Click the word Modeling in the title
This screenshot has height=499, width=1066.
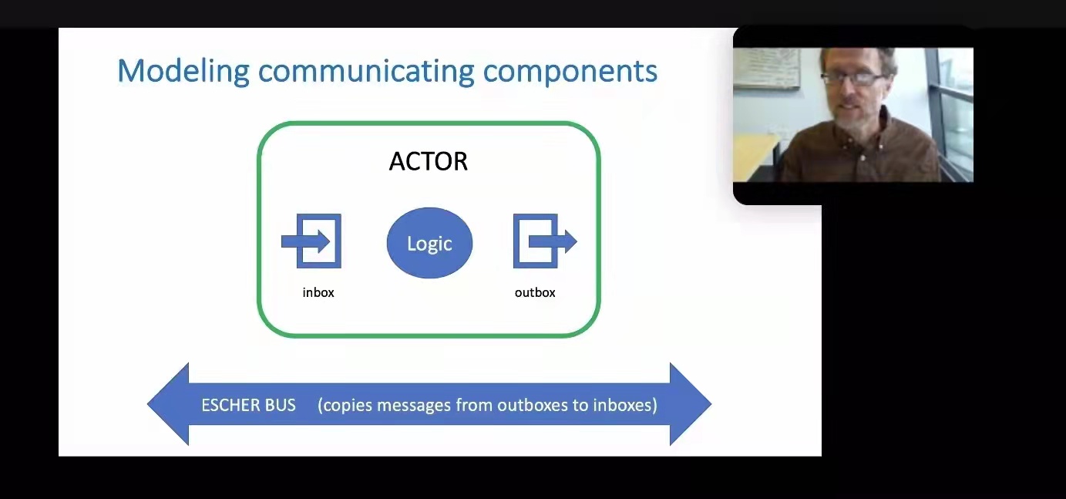point(183,72)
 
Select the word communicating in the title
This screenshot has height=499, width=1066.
point(366,72)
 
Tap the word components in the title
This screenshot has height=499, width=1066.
point(570,72)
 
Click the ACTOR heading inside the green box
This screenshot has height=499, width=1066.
point(429,161)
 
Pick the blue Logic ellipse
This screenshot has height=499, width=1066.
point(429,243)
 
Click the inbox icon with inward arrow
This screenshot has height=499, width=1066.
point(311,241)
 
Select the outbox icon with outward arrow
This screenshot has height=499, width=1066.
point(545,241)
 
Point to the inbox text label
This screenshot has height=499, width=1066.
point(318,292)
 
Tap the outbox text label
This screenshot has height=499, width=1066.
point(535,292)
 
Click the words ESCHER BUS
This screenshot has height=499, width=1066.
point(248,405)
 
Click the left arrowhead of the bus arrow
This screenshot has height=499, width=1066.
point(168,404)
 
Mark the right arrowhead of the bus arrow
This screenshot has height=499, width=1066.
point(691,404)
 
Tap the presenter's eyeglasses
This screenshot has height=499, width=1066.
point(852,79)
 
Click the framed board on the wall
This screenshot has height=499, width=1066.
point(767,68)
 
